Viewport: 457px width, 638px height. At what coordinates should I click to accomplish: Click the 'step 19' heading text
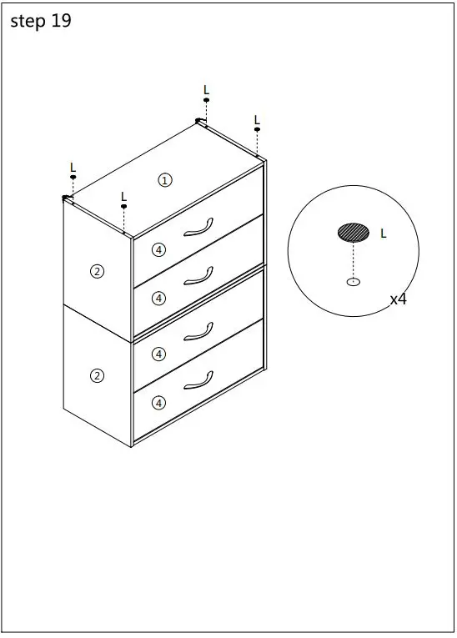pyautogui.click(x=41, y=22)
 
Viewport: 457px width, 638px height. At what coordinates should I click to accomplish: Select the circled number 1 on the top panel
pyautogui.click(x=165, y=180)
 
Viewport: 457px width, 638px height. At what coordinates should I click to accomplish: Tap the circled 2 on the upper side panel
pyautogui.click(x=98, y=271)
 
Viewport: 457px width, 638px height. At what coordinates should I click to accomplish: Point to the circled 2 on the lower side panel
pyautogui.click(x=98, y=375)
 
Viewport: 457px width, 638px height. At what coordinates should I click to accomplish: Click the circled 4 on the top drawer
pyautogui.click(x=159, y=249)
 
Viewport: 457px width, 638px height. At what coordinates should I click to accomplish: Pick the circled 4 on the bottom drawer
pyautogui.click(x=159, y=403)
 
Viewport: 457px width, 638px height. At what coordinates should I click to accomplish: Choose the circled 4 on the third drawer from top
pyautogui.click(x=159, y=354)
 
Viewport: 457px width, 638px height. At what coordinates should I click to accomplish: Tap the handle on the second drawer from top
pyautogui.click(x=198, y=277)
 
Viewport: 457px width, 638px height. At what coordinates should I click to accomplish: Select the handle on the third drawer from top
pyautogui.click(x=198, y=332)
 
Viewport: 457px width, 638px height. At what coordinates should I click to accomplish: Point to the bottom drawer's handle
pyautogui.click(x=198, y=381)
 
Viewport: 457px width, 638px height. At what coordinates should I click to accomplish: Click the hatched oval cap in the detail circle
pyautogui.click(x=354, y=232)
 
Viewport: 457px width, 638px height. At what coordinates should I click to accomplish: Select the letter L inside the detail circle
pyautogui.click(x=384, y=234)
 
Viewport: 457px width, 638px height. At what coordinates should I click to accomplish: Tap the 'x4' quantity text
pyautogui.click(x=399, y=299)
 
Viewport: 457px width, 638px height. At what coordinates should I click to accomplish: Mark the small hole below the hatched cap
pyautogui.click(x=354, y=282)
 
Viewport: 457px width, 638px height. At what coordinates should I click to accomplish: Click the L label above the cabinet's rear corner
pyautogui.click(x=207, y=89)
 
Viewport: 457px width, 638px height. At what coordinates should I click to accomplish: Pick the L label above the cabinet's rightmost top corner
pyautogui.click(x=257, y=119)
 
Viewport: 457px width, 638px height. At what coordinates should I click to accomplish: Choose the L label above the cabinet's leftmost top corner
pyautogui.click(x=73, y=167)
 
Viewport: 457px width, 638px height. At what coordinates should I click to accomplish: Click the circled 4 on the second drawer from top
pyautogui.click(x=159, y=298)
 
